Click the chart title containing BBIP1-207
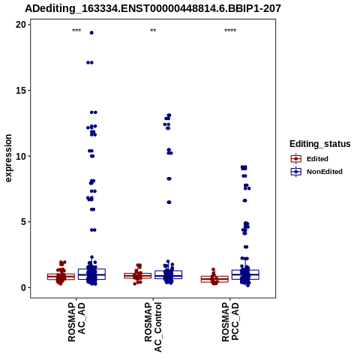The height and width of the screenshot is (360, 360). (153, 8)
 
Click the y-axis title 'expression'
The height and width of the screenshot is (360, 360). (8, 158)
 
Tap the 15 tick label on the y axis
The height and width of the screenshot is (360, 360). (21, 90)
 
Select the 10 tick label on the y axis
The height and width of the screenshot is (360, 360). (21, 156)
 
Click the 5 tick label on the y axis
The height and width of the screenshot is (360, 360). (23, 222)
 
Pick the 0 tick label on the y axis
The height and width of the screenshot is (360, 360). (23, 287)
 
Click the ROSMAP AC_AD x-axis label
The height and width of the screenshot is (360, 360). (76, 322)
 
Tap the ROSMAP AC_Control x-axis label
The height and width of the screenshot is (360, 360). (153, 327)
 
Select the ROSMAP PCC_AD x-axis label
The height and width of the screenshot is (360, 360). (230, 322)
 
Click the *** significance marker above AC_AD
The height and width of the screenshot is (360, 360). (76, 31)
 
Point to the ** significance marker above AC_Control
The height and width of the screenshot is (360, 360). (153, 31)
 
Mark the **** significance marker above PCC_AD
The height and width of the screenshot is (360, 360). (230, 31)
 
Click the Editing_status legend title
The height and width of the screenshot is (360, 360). (320, 144)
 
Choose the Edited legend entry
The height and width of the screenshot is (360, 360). (310, 159)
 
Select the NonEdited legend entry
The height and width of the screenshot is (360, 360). (316, 172)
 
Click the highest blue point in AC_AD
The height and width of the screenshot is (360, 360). (91, 33)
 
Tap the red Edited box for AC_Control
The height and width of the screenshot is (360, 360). (138, 275)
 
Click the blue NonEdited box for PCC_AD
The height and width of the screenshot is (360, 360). (245, 274)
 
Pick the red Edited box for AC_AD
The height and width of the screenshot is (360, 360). (61, 277)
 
